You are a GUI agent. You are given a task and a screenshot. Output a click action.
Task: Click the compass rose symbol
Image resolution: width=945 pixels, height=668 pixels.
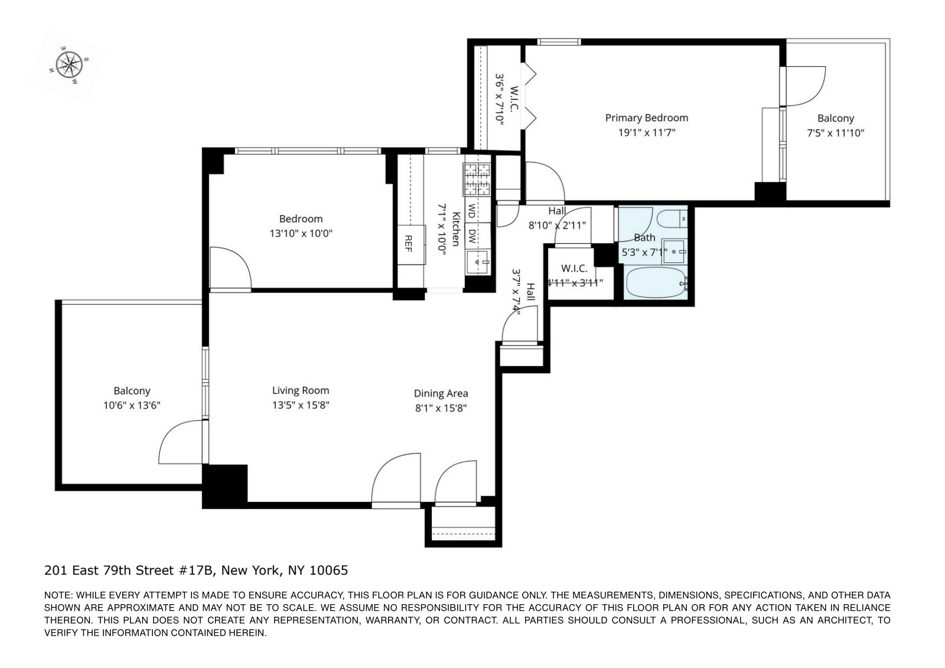[x=70, y=64]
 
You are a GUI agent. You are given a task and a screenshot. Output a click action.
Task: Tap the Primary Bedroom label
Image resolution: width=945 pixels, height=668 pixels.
[x=646, y=118]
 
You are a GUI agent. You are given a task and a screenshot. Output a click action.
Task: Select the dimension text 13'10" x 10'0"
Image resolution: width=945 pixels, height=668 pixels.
[x=301, y=233]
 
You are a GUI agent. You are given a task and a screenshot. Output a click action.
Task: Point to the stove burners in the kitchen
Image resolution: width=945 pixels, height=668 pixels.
[x=477, y=180]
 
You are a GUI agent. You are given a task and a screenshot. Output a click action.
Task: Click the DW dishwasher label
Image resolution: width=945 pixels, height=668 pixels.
[x=472, y=236]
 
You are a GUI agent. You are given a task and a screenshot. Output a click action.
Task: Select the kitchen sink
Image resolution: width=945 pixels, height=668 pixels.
[x=477, y=261]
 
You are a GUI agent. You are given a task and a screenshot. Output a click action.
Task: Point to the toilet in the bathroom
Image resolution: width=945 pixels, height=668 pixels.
[x=672, y=219]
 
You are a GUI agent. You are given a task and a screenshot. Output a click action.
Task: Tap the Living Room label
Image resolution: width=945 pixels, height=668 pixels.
[x=300, y=390]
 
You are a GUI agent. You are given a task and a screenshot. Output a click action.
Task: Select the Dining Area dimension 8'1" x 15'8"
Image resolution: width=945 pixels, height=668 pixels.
[x=441, y=408]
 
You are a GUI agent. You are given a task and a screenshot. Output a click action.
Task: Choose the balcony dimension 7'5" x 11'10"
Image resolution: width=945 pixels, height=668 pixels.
[x=835, y=133]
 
